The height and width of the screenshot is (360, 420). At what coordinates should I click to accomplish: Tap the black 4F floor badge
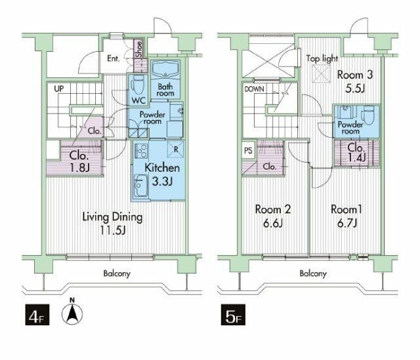[x=37, y=315]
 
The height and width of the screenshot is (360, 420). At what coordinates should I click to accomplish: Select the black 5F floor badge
[x=233, y=315]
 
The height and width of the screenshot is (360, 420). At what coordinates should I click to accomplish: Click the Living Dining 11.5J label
[x=112, y=223]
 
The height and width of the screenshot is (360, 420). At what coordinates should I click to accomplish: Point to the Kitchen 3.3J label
[x=162, y=174]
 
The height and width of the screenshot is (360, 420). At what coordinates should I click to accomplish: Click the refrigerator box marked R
[x=176, y=149]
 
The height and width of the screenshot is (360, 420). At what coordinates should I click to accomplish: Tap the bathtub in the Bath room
[x=165, y=69]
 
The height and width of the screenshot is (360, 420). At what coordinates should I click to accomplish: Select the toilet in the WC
[x=138, y=84]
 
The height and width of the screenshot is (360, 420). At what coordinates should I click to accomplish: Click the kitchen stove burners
[x=140, y=151]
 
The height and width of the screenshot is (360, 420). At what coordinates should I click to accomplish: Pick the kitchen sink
[x=140, y=185]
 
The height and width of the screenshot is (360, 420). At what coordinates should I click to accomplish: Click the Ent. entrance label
[x=114, y=58]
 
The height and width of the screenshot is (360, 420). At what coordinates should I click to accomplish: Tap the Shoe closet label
[x=139, y=49]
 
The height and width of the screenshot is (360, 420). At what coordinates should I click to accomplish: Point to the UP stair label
[x=59, y=89]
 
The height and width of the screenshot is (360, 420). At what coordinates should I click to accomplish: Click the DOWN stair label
[x=254, y=89]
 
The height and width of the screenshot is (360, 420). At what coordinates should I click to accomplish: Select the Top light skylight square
[x=321, y=73]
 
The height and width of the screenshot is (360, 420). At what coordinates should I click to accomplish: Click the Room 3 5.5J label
[x=354, y=81]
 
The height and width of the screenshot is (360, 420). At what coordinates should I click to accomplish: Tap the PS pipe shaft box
[x=248, y=151]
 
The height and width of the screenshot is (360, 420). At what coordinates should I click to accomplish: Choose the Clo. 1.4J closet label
[x=356, y=153]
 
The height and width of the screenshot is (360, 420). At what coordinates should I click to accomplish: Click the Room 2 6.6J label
[x=273, y=216]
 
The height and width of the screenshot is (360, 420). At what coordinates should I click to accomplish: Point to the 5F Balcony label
[x=313, y=273]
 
